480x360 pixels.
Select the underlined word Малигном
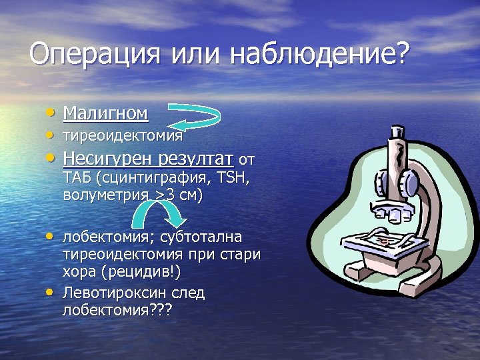point(105,113)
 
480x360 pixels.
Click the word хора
point(79,272)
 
